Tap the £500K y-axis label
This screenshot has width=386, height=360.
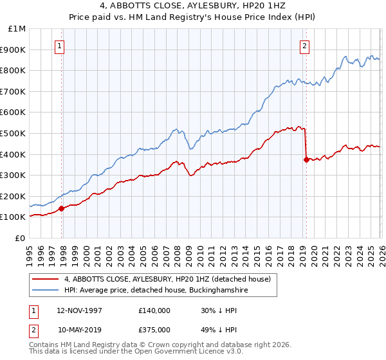pos(14,134)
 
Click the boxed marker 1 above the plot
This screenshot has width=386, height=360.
pos(59,46)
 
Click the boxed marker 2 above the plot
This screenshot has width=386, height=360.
pos(304,46)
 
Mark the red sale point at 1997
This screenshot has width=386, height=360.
pos(62,208)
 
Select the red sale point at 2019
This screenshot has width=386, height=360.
pos(306,160)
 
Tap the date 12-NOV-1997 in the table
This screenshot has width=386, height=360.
pos(79,310)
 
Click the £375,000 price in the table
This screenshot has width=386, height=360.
pos(154,329)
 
